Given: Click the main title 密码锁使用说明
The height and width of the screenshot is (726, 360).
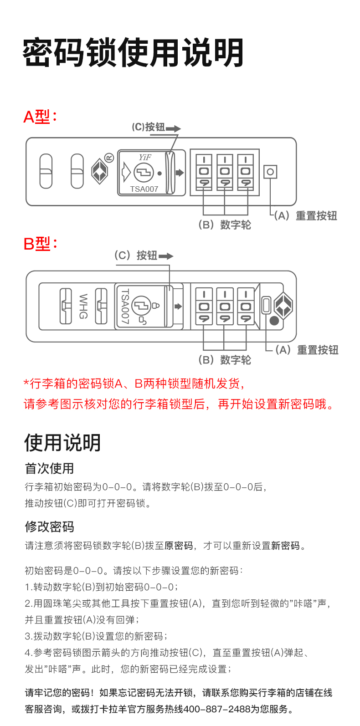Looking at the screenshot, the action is [133, 53].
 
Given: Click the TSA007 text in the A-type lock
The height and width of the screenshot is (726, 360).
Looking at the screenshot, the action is [144, 189].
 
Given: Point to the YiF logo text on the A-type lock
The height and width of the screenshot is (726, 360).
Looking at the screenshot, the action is [145, 158].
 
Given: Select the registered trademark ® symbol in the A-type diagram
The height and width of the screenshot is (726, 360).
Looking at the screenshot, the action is [109, 158].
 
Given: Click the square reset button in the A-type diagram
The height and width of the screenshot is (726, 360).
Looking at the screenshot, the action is [270, 172].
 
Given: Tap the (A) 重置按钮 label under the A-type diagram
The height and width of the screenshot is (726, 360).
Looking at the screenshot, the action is [306, 216].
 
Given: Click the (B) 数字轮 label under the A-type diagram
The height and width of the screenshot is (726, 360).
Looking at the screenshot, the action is [225, 225].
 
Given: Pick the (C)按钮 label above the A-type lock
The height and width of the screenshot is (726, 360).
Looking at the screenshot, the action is [149, 127].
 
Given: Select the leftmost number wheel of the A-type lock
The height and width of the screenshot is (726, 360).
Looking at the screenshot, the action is [204, 172].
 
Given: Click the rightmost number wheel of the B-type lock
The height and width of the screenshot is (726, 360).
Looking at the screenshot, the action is [246, 306].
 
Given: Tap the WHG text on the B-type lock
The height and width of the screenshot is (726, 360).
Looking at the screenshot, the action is [83, 307].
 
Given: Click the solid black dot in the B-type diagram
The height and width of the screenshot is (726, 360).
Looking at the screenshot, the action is [274, 321].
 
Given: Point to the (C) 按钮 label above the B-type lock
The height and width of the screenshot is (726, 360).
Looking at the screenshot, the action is [136, 256].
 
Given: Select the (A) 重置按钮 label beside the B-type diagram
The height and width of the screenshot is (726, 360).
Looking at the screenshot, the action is [307, 350].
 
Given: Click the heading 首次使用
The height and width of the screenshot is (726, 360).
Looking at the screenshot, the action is [49, 468].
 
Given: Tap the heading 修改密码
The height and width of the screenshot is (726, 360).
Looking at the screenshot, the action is [49, 527].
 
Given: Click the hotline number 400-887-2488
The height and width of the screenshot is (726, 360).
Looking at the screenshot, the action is [217, 709].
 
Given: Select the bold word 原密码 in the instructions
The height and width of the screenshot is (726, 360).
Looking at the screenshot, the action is [179, 546].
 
